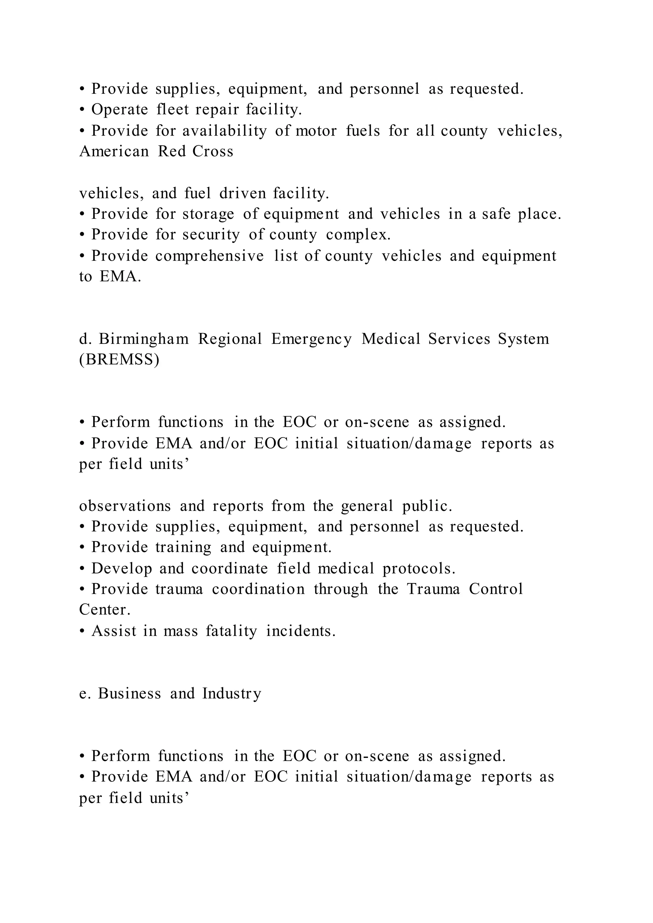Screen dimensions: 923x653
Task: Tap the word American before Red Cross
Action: [114, 152]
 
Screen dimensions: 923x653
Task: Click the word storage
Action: [208, 214]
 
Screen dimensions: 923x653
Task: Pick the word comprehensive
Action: [209, 256]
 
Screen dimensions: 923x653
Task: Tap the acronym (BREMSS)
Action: [119, 360]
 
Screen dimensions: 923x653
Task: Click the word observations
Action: [125, 506]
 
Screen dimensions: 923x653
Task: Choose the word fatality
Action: [231, 631]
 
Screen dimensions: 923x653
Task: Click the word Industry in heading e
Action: [231, 694]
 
